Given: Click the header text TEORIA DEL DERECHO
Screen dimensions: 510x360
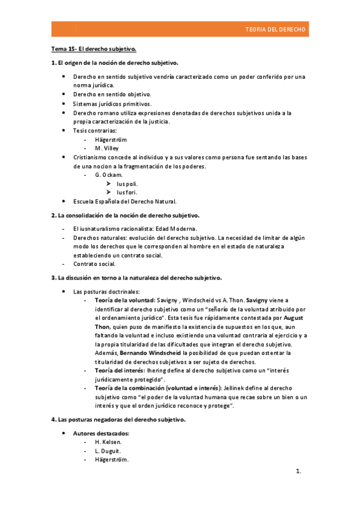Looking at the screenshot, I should pos(276,29).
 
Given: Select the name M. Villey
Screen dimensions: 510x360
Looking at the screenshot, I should pos(107,147).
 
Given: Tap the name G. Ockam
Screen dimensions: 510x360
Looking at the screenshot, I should pos(108,174).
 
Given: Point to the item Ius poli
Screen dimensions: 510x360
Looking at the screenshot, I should pos(127,183).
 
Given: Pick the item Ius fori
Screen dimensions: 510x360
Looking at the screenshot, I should pos(127,192).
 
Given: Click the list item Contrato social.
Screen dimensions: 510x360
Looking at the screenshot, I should pos(94,263).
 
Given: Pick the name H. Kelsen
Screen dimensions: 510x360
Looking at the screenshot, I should pos(108,442).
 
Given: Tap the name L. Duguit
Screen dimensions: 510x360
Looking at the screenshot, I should pos(108,450).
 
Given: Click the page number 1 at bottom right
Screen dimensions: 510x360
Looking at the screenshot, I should pos(298,472).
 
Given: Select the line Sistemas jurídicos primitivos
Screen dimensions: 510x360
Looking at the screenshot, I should pos(112,103).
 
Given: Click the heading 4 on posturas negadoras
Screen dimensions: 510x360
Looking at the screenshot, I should pos(118,419).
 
